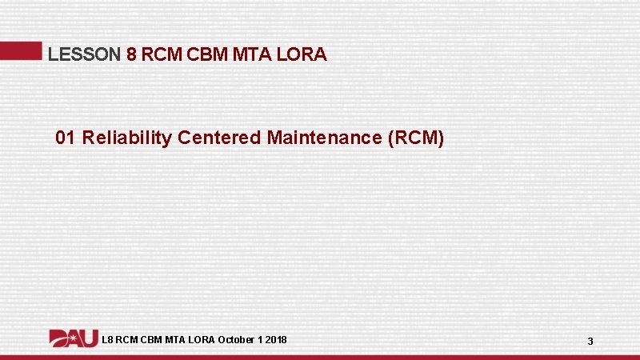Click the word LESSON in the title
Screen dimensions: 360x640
tap(85, 54)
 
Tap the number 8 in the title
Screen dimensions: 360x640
tap(132, 54)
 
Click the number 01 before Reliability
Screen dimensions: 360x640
tap(66, 138)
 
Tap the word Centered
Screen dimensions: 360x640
tap(219, 138)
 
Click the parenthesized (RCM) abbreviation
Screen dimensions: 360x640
tap(415, 138)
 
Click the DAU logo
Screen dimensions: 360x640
tap(74, 338)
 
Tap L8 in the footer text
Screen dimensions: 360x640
tap(108, 340)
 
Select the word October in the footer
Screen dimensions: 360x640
tap(237, 340)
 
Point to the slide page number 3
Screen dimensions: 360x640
tap(590, 342)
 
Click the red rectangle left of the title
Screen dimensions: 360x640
tap(20, 50)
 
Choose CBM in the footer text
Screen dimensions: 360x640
tap(150, 340)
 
